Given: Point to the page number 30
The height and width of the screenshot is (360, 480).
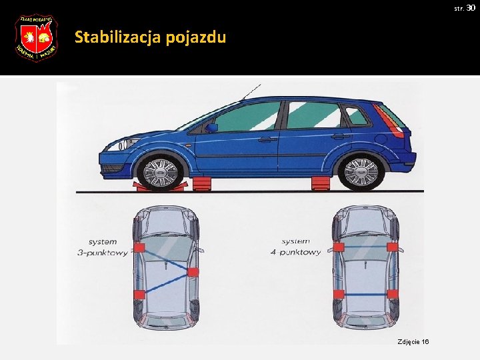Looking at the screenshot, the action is click(471, 7).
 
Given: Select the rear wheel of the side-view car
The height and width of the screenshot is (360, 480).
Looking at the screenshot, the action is click(361, 171).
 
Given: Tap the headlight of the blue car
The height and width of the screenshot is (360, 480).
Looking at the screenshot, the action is click(119, 143).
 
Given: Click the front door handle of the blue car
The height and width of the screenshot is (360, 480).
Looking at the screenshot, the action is click(267, 139).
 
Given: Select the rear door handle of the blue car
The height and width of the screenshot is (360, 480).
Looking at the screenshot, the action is click(341, 137).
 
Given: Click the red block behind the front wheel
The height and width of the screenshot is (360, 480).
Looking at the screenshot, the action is click(202, 183).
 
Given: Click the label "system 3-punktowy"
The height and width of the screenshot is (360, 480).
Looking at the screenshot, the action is click(107, 247).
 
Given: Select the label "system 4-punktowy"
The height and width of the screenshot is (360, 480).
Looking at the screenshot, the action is click(301, 247).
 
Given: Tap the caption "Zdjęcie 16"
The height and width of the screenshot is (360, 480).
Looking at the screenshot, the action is click(413, 341).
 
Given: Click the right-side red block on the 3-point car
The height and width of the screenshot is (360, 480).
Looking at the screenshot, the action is click(193, 271).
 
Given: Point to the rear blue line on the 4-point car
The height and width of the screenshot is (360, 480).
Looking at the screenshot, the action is click(366, 294).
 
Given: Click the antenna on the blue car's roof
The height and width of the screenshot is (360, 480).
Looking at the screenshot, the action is click(251, 91).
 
